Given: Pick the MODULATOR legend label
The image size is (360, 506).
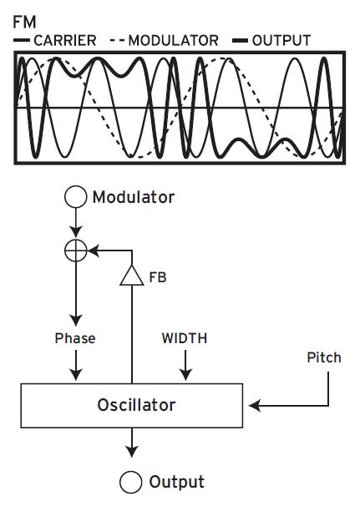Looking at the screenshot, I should coord(174,40).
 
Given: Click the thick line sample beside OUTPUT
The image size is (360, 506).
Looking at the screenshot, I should coord(241,40).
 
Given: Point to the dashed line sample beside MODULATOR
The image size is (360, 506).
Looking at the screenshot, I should coord(118,40).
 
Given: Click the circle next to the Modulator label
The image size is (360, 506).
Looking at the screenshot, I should coord(76,198).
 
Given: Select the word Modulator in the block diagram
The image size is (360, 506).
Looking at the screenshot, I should coord(133,198).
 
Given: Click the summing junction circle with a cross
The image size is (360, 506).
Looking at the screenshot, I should coord(76,249).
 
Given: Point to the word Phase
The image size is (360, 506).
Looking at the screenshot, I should coord(75,339).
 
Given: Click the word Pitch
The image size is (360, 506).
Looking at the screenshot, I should coord(324,357).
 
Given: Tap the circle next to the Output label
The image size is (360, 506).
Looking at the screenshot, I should coord(130,482).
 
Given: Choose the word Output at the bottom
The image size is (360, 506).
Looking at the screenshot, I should coord(176,482).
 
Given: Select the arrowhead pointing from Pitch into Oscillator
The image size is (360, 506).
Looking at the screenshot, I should coord(255,406).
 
